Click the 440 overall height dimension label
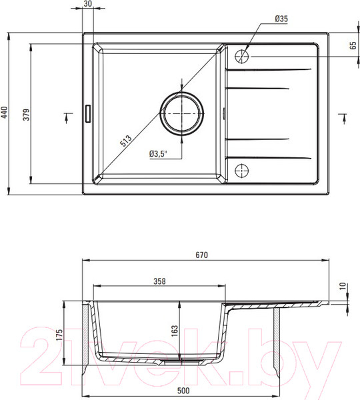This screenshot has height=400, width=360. click(5, 113)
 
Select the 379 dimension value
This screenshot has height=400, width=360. click(27, 115)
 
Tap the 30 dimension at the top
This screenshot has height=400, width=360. click(87, 3)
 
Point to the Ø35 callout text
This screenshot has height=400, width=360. click(281, 19)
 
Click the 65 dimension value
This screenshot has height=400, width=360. click(353, 45)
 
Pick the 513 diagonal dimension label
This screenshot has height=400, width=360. click(126, 141)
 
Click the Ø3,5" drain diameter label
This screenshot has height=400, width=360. click(158, 154)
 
